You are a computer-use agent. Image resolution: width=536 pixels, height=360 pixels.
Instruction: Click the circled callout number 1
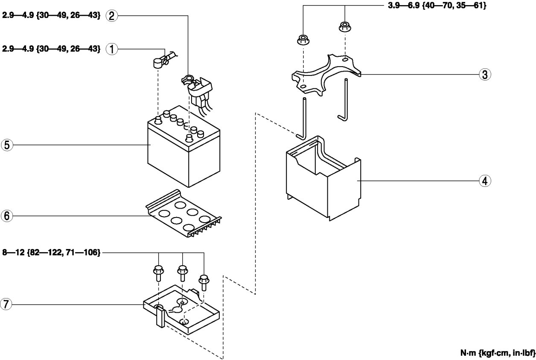click(111, 49)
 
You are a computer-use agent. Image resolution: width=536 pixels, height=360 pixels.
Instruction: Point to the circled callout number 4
click(484, 181)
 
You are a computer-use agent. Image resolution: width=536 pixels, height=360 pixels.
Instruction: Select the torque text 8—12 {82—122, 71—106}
click(51, 253)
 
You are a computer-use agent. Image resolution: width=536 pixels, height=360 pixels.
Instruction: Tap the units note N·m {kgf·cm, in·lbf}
click(497, 354)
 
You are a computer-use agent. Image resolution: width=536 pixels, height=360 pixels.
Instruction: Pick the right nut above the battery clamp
click(344, 27)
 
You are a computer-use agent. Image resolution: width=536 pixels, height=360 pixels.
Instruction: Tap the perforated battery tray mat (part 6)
click(184, 213)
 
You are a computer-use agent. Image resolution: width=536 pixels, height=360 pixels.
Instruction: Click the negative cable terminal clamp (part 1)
click(159, 62)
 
